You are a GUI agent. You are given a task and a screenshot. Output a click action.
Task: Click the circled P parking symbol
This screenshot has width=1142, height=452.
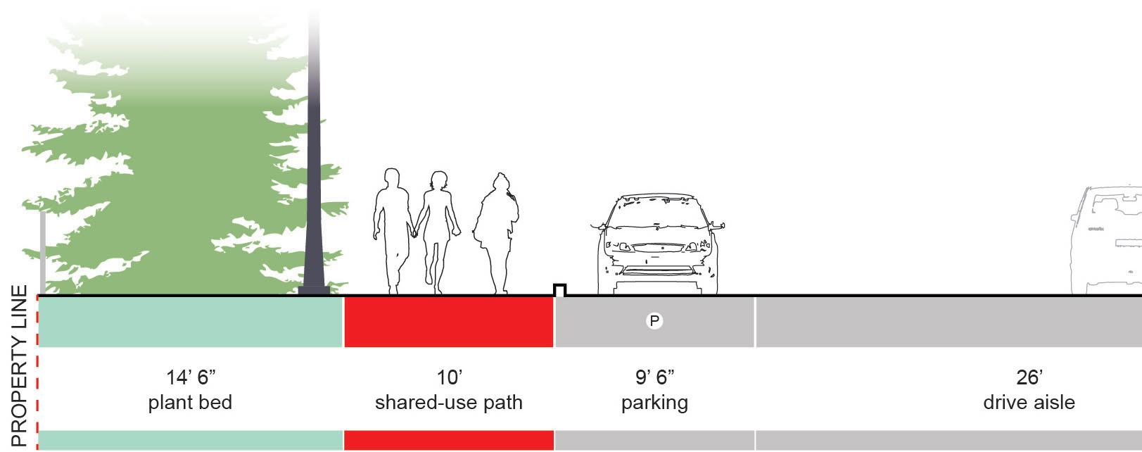coord(654,322)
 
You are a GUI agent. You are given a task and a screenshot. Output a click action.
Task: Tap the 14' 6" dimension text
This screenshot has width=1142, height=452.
coord(190,377)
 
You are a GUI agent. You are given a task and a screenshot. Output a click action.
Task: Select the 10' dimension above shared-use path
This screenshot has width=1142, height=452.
coord(449,377)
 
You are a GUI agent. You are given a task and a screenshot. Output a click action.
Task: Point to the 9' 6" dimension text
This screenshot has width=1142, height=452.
coord(654,377)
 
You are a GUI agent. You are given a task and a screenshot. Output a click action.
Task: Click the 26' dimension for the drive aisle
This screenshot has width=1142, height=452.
coord(1029,377)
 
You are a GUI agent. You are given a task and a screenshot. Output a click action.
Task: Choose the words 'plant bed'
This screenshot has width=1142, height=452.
coord(190,403)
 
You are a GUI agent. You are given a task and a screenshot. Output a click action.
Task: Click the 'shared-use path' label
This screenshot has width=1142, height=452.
coord(449,403)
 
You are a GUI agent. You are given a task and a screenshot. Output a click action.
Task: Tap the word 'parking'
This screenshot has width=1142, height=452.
coord(654,403)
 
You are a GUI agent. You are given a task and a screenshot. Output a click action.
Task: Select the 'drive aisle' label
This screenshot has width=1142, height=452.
coord(1029,403)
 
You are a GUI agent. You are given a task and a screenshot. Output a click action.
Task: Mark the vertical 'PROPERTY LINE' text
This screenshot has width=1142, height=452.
coord(20,366)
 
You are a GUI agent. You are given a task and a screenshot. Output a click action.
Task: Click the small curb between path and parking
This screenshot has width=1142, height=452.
coord(560,289)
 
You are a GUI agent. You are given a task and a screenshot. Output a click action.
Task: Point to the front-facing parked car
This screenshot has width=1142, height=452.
coord(658,243)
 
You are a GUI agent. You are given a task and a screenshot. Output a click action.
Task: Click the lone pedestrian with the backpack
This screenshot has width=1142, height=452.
coord(497,232)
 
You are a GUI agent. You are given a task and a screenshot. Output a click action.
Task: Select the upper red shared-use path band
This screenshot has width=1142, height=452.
coord(449,322)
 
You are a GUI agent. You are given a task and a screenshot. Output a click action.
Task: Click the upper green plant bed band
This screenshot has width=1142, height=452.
coord(190,322)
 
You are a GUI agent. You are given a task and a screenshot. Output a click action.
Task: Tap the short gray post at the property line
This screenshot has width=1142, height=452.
coord(43,253)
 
